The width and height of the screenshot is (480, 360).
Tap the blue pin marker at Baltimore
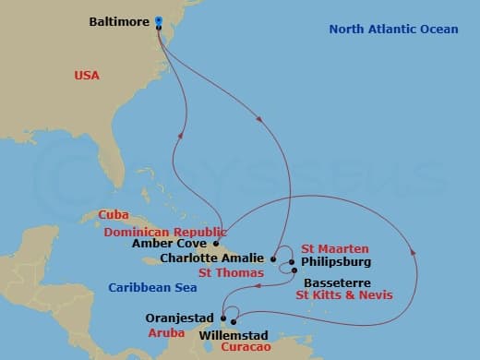[159, 20]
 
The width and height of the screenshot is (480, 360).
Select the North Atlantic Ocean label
[393, 30]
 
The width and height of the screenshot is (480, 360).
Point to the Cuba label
[114, 215]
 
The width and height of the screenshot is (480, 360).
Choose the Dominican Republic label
[165, 232]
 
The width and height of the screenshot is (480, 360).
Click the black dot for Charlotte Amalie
[273, 258]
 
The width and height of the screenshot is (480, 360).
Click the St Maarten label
[335, 249]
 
